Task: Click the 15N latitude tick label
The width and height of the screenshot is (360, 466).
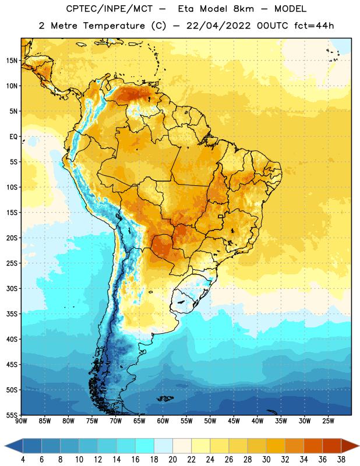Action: point(12,61)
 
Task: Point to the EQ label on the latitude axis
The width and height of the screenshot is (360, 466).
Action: point(13,137)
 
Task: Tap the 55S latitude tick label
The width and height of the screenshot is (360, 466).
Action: point(12,415)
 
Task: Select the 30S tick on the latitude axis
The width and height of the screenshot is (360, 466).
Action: point(12,288)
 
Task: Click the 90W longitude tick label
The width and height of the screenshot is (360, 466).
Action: point(21,421)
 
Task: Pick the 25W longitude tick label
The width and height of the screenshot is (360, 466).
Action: point(328,421)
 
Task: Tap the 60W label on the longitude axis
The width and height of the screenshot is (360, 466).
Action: point(163,421)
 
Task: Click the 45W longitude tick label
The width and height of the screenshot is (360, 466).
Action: point(234,421)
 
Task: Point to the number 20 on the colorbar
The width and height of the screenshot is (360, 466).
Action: point(172,460)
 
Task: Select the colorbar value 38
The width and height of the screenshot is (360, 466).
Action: point(341,460)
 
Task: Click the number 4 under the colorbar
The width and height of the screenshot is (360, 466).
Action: point(23,460)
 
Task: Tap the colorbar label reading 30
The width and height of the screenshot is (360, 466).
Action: point(266,460)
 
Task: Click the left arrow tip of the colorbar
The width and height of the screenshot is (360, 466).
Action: point(5,446)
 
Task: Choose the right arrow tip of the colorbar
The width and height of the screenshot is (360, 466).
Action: point(359,446)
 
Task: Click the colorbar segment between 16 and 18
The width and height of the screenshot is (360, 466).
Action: point(145,446)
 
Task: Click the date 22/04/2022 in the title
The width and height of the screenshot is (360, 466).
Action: point(218,26)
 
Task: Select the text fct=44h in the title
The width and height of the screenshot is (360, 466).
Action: point(314,26)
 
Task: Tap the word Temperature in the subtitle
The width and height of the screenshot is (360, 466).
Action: point(114,26)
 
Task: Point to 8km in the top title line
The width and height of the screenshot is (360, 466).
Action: point(243,9)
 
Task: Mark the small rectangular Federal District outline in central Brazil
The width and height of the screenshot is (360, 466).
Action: point(221,216)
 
